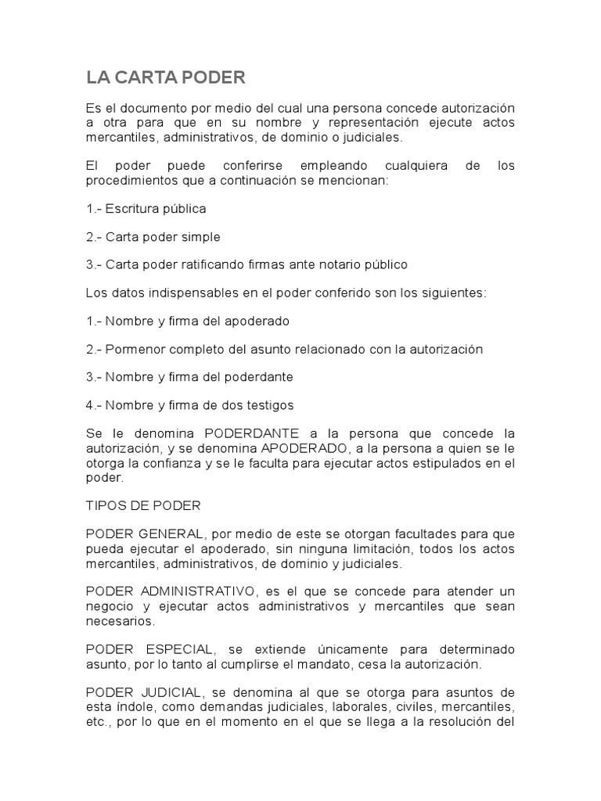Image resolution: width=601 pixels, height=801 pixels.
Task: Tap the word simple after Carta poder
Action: pos(201,236)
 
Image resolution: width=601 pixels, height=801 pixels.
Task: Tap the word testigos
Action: pos(267,404)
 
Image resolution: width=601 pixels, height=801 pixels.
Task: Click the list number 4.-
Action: pos(94,404)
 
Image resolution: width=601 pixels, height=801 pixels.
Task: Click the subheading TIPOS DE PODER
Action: pos(143,505)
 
